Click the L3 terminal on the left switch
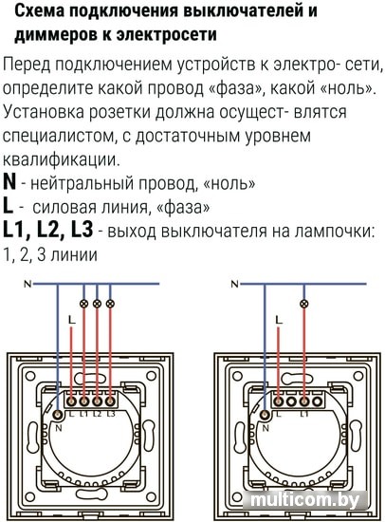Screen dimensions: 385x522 click(x=110, y=401)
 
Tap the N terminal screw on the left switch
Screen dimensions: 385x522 click(x=58, y=415)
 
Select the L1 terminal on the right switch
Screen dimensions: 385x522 click(x=304, y=401)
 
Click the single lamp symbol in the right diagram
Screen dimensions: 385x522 click(x=303, y=304)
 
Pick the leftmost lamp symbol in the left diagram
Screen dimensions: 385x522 click(x=83, y=304)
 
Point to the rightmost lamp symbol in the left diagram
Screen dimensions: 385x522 click(x=110, y=304)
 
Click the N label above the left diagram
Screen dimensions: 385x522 click(x=27, y=285)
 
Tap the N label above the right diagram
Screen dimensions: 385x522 click(x=235, y=285)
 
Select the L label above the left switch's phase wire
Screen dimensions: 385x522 click(x=72, y=320)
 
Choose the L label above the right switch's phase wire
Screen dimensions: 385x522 click(x=279, y=320)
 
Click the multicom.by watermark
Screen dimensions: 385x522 click(x=305, y=500)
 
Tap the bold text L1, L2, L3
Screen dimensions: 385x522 click(x=48, y=231)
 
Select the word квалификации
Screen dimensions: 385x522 click(x=61, y=159)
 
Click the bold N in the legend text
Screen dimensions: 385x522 click(x=9, y=182)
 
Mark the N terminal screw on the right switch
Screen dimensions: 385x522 click(x=265, y=415)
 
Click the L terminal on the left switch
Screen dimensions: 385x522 click(x=71, y=401)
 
